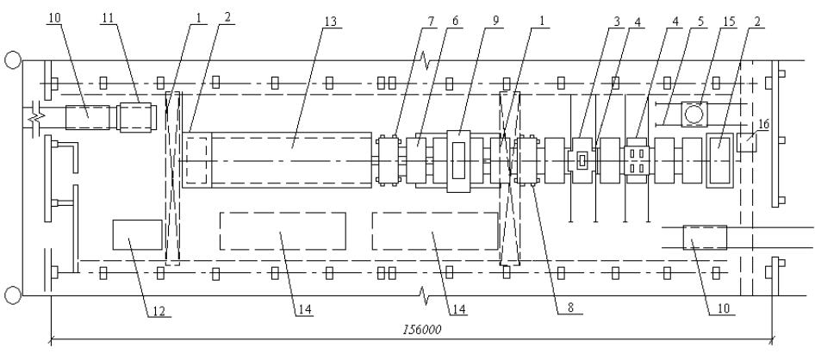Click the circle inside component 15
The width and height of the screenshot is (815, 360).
[694, 113]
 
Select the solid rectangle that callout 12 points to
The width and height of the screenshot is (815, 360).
[137, 234]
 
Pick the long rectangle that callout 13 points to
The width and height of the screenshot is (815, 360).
[291, 159]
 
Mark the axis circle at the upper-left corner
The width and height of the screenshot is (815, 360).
[12, 60]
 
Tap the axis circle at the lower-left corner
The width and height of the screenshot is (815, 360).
[12, 295]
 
